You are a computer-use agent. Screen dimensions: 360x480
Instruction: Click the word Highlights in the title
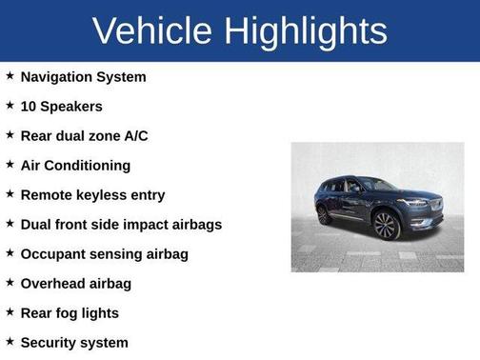point(307,31)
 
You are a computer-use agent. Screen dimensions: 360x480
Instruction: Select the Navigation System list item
point(83,77)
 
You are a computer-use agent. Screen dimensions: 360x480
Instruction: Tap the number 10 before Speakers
point(29,107)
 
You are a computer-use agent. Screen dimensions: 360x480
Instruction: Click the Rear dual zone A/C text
point(84,136)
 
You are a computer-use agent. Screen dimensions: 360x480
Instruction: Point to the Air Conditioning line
point(75,166)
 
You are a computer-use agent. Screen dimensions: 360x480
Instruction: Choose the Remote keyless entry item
point(92,195)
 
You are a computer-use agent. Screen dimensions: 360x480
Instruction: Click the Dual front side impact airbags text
point(121,225)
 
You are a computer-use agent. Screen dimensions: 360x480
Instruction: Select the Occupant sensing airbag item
point(104,254)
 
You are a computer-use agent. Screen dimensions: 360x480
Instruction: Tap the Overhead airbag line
point(75,284)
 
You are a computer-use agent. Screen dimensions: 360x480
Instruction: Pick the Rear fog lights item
point(70,313)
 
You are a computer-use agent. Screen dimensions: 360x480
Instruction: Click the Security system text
point(74,343)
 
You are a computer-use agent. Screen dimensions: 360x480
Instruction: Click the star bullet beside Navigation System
point(10,76)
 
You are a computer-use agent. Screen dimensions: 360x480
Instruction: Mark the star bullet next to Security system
point(10,342)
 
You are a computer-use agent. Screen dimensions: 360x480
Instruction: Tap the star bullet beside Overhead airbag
point(10,283)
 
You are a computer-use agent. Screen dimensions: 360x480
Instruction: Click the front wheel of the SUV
point(386,226)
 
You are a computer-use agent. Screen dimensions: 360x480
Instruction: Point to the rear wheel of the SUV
point(324,215)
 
